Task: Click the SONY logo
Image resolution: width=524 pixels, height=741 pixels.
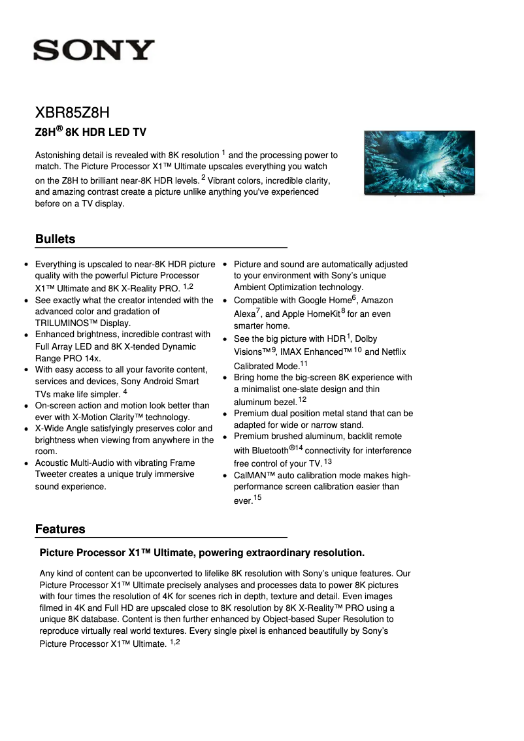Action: [x=94, y=50]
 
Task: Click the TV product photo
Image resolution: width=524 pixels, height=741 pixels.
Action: [x=419, y=163]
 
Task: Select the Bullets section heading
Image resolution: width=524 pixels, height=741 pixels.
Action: [x=56, y=239]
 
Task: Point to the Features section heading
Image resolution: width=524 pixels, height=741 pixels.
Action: [x=60, y=529]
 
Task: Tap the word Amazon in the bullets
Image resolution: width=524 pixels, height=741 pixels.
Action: [x=377, y=301]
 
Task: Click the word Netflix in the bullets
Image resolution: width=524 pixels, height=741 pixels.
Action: [x=389, y=352]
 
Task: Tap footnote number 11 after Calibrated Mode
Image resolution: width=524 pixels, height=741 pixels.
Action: [x=304, y=363]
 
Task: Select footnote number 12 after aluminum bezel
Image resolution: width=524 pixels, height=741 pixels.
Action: [x=302, y=399]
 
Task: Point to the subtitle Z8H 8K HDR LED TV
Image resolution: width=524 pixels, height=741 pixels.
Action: [x=90, y=132]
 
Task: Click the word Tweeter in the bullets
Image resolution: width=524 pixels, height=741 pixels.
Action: [x=53, y=474]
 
